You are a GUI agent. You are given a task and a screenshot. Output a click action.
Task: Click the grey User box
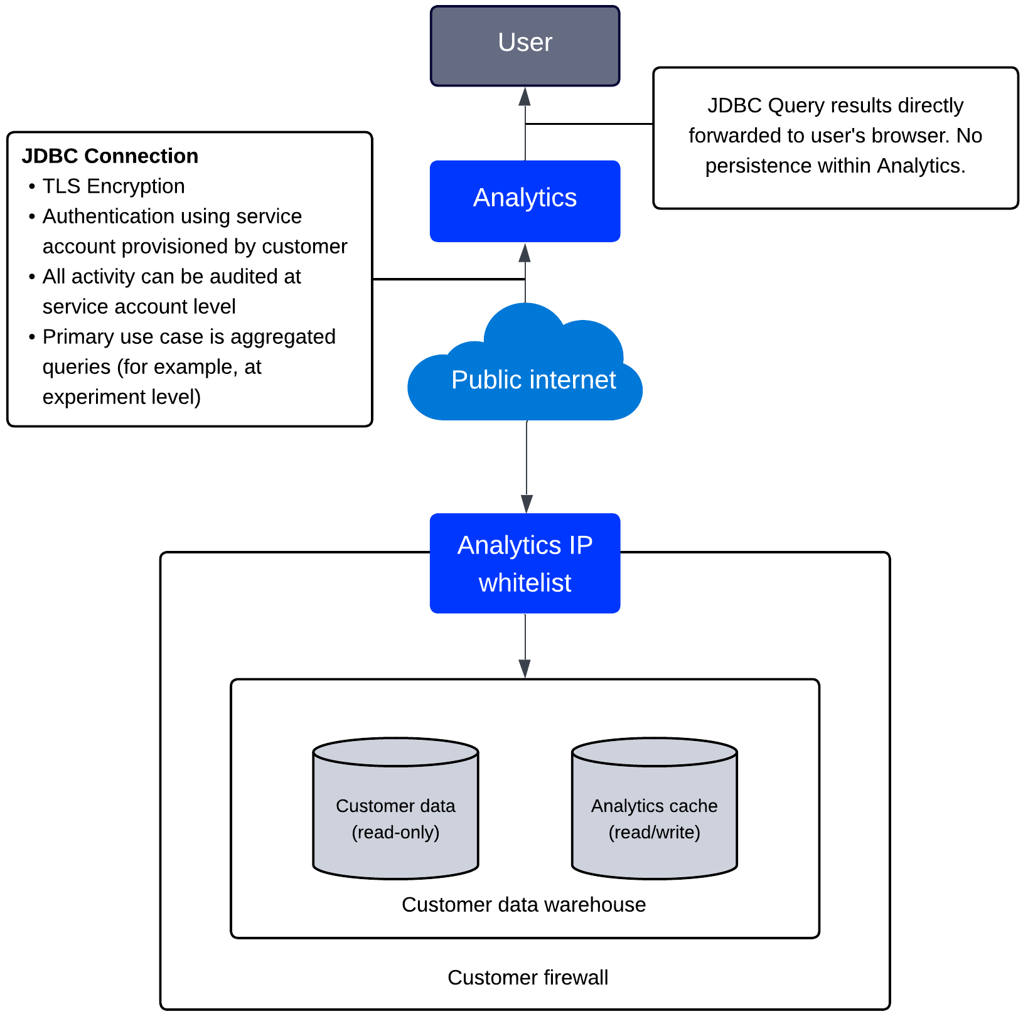coord(525,45)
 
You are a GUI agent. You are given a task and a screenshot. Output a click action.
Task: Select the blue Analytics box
coord(525,201)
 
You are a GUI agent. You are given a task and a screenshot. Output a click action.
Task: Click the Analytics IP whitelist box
coord(525,563)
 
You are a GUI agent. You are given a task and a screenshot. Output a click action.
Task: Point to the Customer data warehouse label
coord(523,904)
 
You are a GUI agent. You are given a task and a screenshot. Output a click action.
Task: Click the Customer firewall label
coord(527,977)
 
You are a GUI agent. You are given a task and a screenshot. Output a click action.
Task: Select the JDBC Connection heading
coord(110,156)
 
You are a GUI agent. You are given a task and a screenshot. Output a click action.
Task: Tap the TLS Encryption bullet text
coord(113,186)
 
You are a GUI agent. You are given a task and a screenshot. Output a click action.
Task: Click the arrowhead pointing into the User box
coord(525,96)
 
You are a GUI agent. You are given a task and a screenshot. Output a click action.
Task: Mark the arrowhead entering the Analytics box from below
coord(525,252)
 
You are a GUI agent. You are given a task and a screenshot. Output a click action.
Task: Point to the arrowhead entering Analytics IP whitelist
coord(527,504)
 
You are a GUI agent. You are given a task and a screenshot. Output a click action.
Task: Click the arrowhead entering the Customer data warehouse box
coord(525,669)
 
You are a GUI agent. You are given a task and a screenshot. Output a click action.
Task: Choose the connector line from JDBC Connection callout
coord(449,279)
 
